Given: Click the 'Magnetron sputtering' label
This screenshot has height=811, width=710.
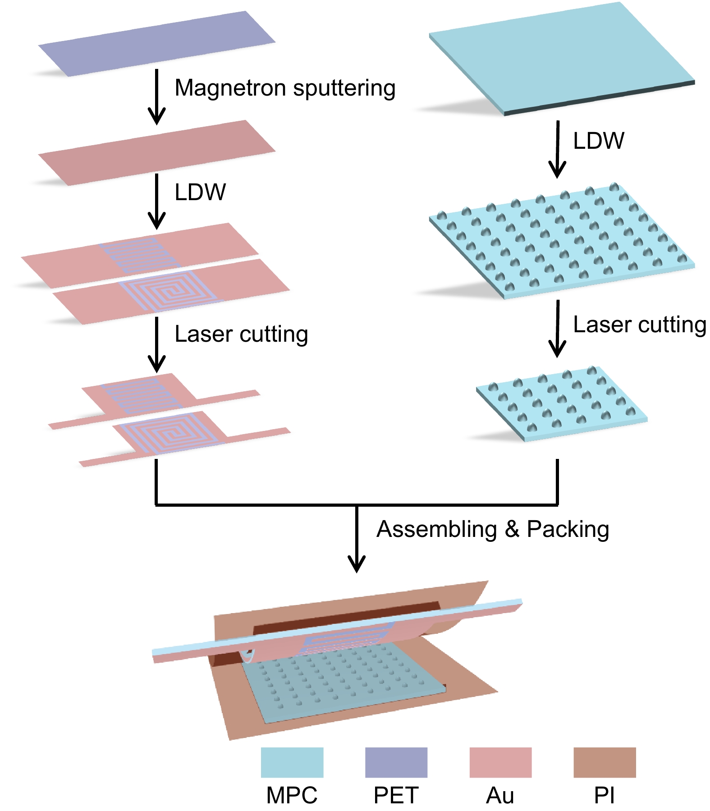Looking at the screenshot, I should [x=285, y=88].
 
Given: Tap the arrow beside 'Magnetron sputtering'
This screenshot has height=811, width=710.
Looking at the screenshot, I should [x=157, y=96].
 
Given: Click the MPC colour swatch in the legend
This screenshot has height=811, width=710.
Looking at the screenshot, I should [x=292, y=762].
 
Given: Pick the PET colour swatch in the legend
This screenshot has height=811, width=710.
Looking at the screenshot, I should [x=396, y=762].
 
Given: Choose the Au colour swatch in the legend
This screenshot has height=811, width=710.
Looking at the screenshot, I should [x=500, y=762].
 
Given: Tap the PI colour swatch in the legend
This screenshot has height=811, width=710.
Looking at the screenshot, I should [x=605, y=762].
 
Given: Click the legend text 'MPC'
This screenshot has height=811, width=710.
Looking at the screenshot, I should [x=292, y=795].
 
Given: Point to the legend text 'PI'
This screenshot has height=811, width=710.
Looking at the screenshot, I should [x=605, y=795].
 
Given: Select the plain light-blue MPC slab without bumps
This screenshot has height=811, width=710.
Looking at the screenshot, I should [x=561, y=59].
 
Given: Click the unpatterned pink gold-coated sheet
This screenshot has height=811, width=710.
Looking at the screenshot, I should [x=157, y=152].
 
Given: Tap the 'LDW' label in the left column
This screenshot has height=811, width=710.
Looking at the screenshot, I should [x=200, y=192].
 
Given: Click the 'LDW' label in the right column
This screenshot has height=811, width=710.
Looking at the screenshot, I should [x=599, y=141].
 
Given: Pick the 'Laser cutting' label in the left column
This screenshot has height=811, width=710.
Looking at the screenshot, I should [x=241, y=334].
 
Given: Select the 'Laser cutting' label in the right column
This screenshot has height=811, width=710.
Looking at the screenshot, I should [x=640, y=325].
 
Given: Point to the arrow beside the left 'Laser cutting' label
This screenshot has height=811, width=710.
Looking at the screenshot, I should [x=157, y=344].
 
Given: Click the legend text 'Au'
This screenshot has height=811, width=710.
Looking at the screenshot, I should [x=500, y=795].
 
